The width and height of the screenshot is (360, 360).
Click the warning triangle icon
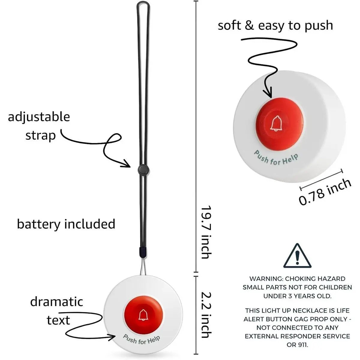tap(297, 256)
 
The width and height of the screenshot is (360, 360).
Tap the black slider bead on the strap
tap(142, 170)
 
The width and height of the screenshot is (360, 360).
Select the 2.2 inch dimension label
tap(206, 315)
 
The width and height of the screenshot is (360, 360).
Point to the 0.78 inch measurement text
tap(325, 192)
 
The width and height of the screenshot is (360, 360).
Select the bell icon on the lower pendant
tap(143, 315)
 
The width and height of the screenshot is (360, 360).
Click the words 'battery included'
tap(66, 224)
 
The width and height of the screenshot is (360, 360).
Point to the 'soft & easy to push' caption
tap(275, 25)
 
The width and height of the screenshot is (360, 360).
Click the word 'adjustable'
tap(39, 117)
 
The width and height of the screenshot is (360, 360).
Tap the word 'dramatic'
tap(56, 302)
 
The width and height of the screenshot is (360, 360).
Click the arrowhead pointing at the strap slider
tap(127, 165)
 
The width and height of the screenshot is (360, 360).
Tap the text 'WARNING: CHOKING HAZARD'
tap(297, 279)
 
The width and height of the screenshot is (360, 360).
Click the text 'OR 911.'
tap(297, 345)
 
